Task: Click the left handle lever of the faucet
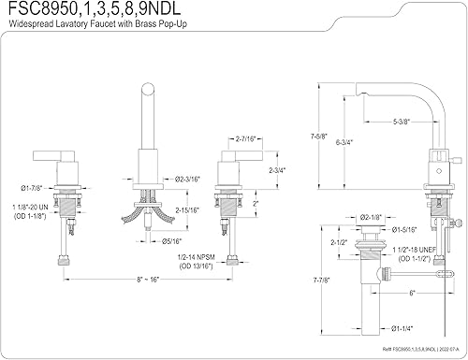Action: coord(49,151)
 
